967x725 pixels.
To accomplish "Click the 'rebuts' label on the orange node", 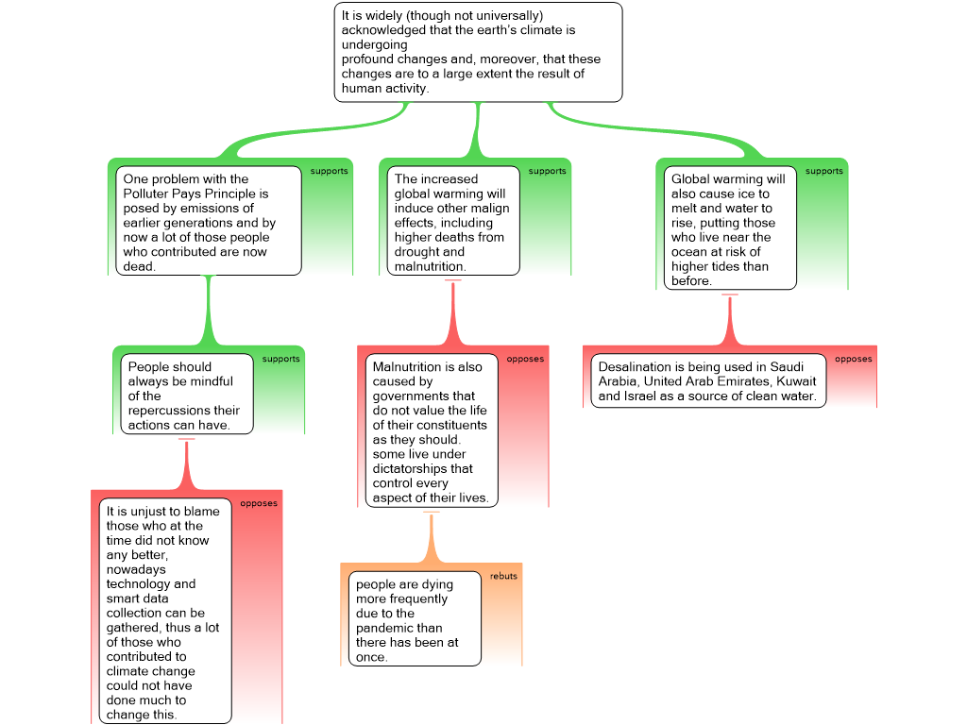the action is click(503, 576).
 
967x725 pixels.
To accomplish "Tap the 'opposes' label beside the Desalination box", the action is click(854, 359).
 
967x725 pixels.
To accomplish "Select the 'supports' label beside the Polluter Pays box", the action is click(330, 171).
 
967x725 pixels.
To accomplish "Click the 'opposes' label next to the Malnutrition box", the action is click(525, 359).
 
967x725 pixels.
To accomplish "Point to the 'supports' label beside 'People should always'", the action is click(281, 359).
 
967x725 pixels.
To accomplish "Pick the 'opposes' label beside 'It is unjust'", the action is click(259, 503).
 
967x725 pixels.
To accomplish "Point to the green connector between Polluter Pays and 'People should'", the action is click(209, 311).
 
